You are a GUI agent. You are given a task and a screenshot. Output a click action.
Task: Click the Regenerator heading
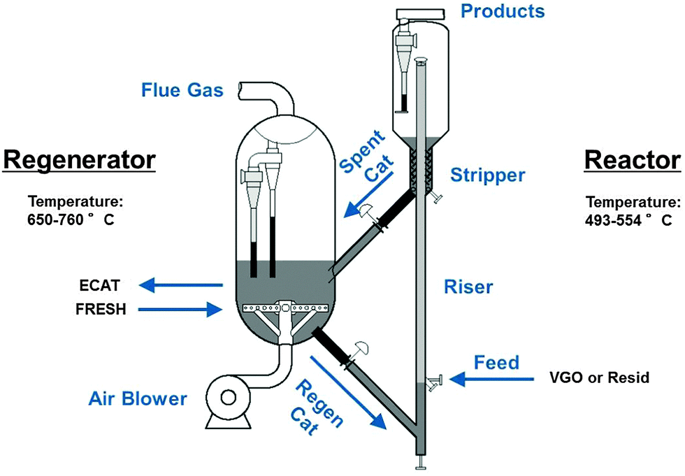(x=78, y=159)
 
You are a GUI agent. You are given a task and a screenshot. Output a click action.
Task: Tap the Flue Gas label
(x=183, y=90)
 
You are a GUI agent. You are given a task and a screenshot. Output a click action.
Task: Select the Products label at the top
(x=503, y=11)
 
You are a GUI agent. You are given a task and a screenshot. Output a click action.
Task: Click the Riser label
(x=468, y=286)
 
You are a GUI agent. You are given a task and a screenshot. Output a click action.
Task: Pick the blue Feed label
(x=496, y=363)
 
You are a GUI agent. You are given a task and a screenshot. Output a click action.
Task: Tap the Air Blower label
(x=138, y=398)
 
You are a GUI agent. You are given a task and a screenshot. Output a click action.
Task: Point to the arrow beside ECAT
(x=180, y=284)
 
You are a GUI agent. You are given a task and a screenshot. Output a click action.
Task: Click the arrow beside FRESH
(x=180, y=308)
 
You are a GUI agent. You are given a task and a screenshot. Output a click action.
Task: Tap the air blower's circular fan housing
(x=228, y=397)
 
